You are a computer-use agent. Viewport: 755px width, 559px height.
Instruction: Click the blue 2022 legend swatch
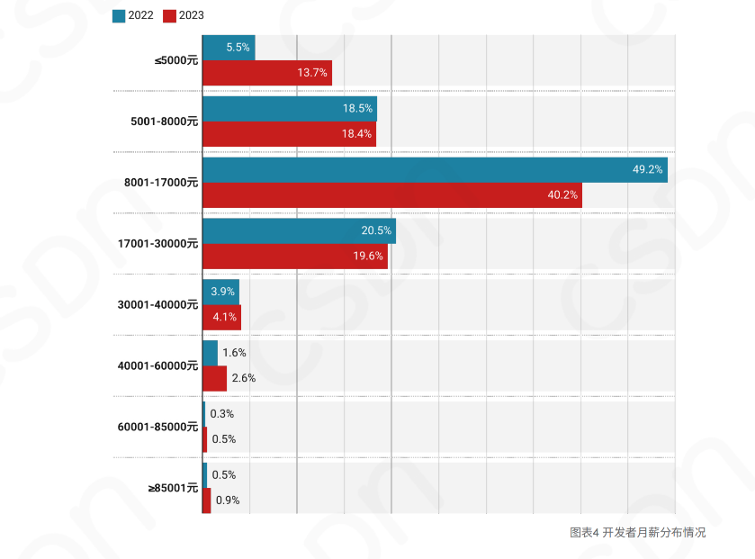(x=119, y=14)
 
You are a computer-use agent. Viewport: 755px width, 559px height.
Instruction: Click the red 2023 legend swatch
(x=171, y=14)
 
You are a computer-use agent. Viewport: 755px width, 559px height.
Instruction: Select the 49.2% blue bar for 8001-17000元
(x=435, y=169)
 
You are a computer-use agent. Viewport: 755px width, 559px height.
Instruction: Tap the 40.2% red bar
(x=391, y=194)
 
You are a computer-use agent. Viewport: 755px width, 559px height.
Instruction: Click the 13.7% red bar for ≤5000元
(x=266, y=73)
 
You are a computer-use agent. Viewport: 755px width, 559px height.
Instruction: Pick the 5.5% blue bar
(x=229, y=48)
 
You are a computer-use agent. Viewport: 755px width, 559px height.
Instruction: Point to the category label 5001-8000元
(x=164, y=121)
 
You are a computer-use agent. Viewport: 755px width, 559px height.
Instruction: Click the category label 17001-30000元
(x=157, y=243)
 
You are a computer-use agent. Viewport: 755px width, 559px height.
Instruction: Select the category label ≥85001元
(x=173, y=488)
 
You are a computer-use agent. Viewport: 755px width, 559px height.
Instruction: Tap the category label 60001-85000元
(x=157, y=427)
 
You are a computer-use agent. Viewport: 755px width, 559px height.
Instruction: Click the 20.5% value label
(x=376, y=230)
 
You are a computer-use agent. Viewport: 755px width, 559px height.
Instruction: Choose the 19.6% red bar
(x=294, y=256)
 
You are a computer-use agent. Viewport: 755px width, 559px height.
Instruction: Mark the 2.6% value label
(x=244, y=378)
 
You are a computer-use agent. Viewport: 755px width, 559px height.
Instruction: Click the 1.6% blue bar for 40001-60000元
(x=210, y=353)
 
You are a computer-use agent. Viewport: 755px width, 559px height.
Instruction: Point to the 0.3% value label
(x=222, y=414)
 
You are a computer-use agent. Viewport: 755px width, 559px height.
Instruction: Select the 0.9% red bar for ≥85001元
(x=207, y=500)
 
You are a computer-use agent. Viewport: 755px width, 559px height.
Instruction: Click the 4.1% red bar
(x=221, y=317)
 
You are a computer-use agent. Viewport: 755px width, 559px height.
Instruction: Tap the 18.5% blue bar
(x=289, y=108)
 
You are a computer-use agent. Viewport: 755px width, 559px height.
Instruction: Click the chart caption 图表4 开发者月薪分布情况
(x=638, y=532)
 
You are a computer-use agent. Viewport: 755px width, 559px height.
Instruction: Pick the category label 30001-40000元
(x=157, y=304)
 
